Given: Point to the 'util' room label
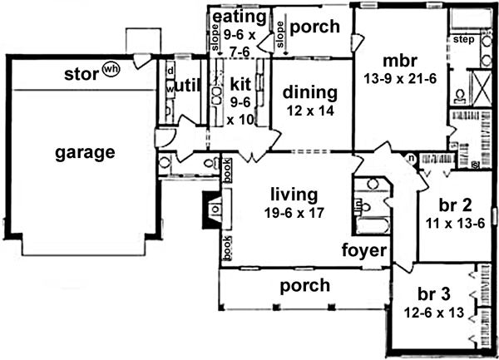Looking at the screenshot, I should (190, 86).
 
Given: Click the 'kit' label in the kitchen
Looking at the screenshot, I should (240, 83).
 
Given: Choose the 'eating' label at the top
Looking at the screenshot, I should (240, 17).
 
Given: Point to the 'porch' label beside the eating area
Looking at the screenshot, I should (315, 27).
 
